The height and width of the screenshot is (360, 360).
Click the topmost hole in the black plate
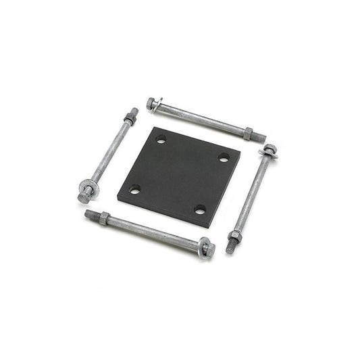point(161,140)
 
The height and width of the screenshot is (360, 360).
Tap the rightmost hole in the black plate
point(224,158)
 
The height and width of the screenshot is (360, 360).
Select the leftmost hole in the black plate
point(135,190)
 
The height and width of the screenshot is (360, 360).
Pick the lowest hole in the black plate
point(200,209)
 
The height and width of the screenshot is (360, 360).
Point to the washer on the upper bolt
point(157,105)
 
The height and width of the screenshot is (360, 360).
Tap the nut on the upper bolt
point(248,133)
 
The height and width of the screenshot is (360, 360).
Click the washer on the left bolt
point(89,188)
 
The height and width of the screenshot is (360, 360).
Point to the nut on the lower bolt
point(104,217)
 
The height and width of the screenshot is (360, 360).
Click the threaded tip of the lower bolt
point(90,213)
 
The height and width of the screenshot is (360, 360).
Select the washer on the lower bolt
point(203,247)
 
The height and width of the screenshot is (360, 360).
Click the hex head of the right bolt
point(269,148)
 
